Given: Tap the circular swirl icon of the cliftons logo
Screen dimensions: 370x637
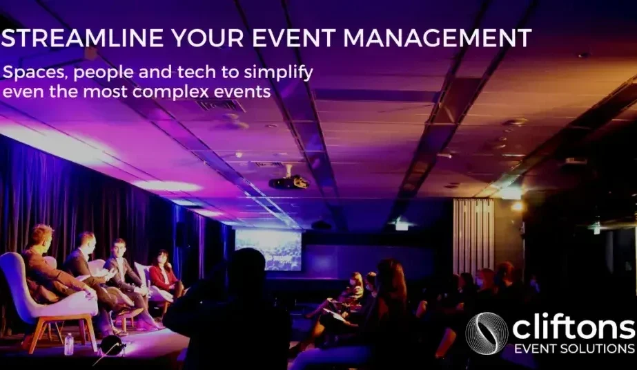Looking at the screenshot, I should [x=487, y=332].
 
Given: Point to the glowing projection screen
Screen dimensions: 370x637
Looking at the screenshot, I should [x=268, y=249].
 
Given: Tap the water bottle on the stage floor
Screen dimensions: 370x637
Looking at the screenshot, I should [x=68, y=344].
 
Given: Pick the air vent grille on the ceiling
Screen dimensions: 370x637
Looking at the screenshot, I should [x=221, y=106].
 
